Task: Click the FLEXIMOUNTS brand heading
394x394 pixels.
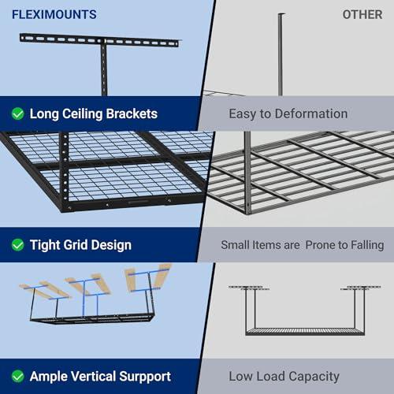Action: (54, 14)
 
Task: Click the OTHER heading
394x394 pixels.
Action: (362, 14)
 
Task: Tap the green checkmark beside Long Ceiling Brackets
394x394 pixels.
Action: (17, 113)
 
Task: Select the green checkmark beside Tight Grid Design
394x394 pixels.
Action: (17, 245)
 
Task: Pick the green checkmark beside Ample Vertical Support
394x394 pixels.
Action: (17, 376)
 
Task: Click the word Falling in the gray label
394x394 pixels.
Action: (363, 245)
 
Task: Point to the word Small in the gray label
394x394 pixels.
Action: (236, 245)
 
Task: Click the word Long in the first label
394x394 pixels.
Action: (45, 113)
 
